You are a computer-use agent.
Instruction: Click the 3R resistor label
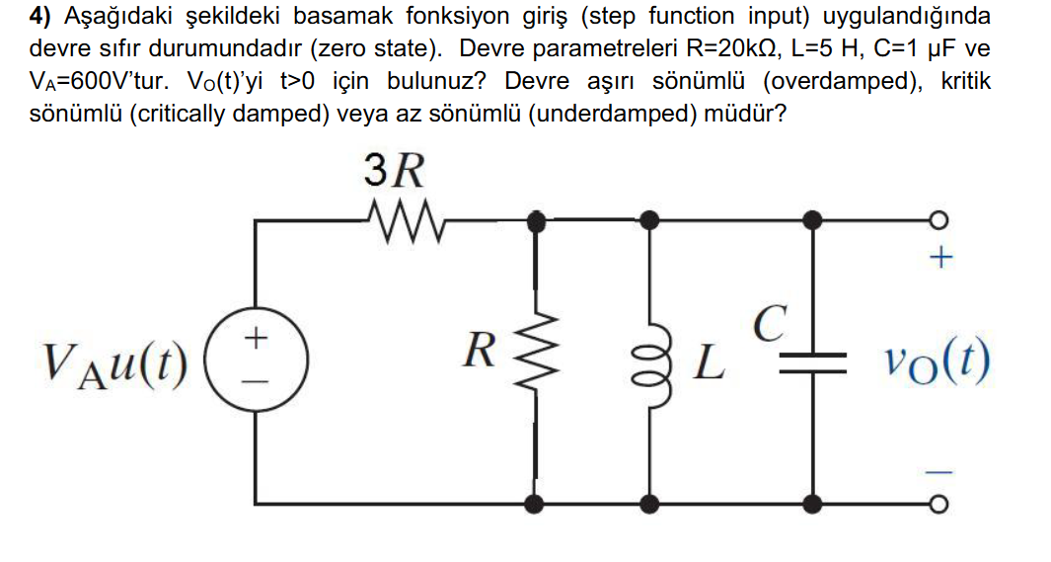click(x=396, y=172)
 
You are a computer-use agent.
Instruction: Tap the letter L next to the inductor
click(x=710, y=364)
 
